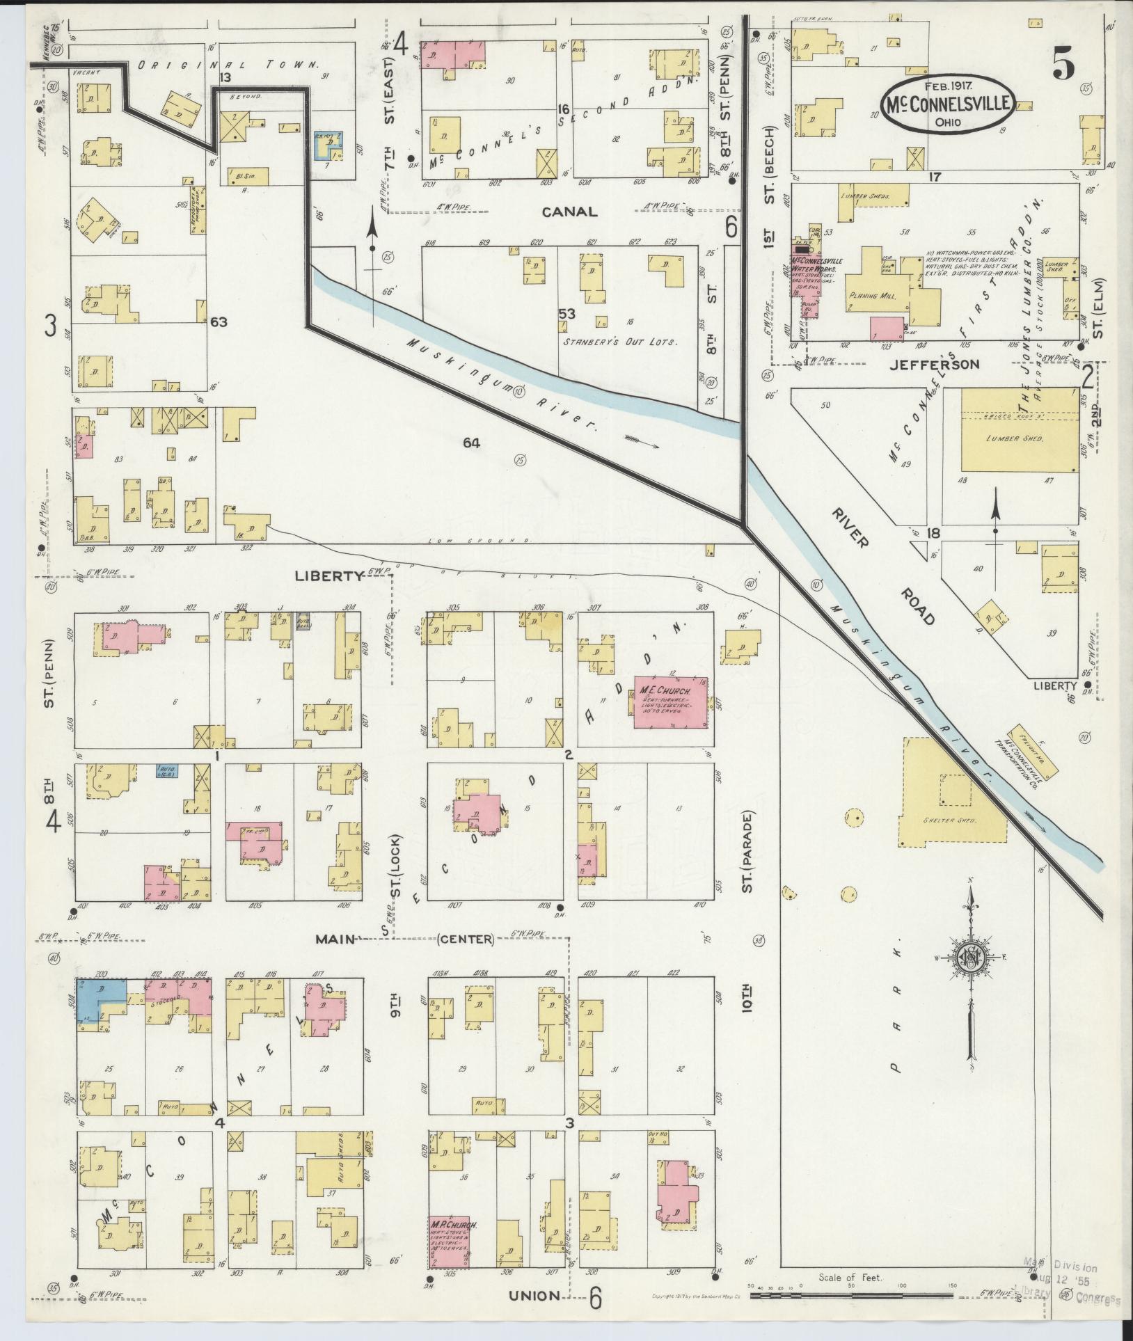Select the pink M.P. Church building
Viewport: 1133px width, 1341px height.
pos(449,1242)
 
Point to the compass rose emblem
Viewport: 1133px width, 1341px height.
pos(968,958)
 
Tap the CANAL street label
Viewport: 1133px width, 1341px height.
pos(571,212)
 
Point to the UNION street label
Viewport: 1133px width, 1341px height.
pos(534,1295)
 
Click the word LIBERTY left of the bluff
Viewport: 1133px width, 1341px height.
pos(329,576)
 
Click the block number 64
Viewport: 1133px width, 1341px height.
pos(470,442)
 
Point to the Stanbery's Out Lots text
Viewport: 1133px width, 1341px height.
pos(619,342)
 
